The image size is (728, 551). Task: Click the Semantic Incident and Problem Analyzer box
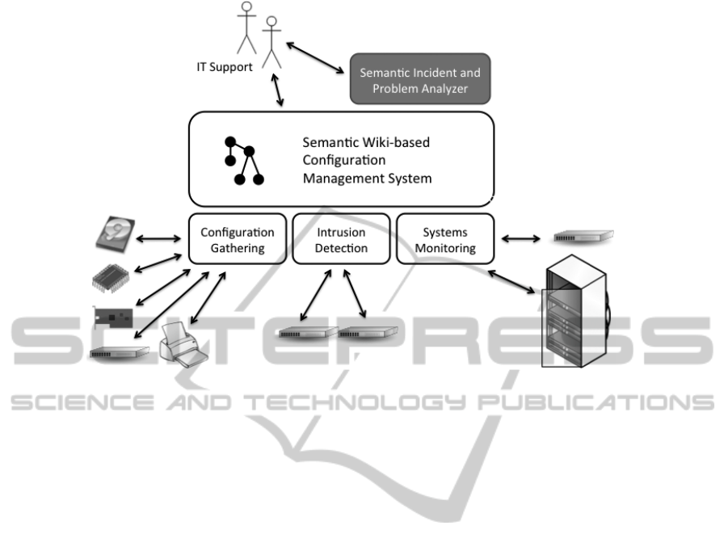pos(419,78)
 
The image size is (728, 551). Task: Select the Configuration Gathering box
pos(238,238)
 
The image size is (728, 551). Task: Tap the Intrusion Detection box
pos(341,238)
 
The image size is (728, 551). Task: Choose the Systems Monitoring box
pos(445,238)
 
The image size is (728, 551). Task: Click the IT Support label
pos(225,67)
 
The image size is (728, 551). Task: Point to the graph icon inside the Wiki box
pos(244,161)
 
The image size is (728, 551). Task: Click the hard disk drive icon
pos(116,234)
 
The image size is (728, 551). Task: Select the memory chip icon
pos(110,278)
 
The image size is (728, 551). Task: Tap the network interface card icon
pos(113,318)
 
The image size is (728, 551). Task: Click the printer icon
pos(183,344)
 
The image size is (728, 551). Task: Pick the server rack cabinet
pos(576,310)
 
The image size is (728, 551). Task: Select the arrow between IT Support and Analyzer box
pos(315,57)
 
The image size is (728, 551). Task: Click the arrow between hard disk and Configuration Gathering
pos(158,238)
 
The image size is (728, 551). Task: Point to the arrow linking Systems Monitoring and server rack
pos(511,282)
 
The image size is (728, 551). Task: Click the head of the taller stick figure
pos(246,6)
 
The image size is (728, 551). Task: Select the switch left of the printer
pos(120,353)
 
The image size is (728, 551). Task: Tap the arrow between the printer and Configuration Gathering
pos(208,297)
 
